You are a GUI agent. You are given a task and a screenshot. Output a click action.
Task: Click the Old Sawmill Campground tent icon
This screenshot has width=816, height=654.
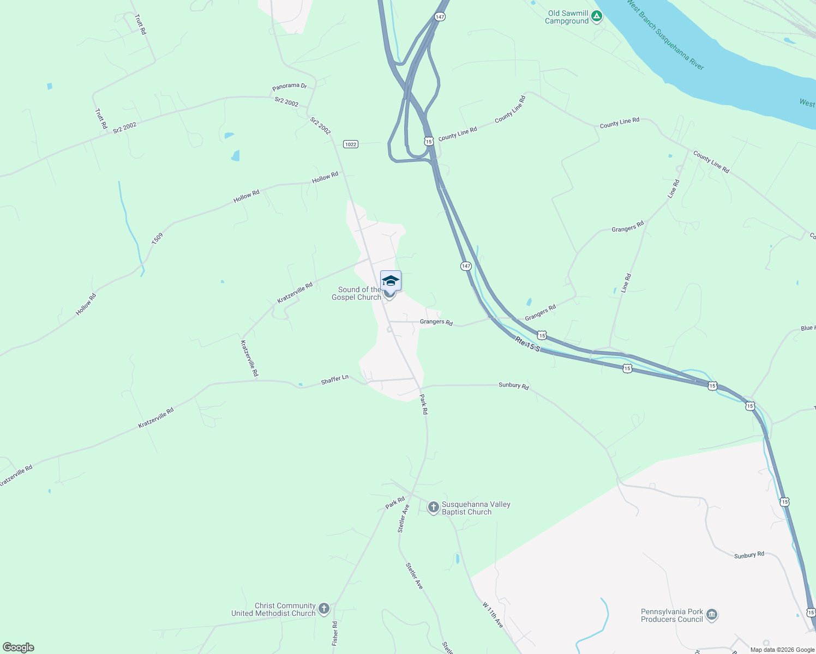coord(597,16)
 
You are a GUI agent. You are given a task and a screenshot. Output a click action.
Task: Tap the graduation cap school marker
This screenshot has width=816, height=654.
coord(391,281)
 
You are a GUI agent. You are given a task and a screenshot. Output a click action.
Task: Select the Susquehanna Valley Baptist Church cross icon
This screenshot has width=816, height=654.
coord(433,508)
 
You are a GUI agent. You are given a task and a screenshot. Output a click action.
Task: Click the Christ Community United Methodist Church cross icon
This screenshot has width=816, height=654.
coord(324,609)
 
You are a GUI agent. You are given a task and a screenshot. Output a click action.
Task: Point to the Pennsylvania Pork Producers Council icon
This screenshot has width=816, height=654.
coord(711,615)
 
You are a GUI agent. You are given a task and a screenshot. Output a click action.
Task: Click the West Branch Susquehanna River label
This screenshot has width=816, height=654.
coord(665,35)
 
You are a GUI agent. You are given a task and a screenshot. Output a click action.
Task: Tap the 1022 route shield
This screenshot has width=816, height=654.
coord(350,144)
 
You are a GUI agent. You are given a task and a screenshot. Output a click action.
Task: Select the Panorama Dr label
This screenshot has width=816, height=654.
coord(290,86)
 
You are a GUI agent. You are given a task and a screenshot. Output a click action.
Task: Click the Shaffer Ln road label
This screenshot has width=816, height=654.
coord(334,379)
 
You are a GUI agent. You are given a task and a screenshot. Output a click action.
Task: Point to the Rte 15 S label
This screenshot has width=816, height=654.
coord(527,344)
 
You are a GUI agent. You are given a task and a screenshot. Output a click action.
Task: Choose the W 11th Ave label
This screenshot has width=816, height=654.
coord(493,615)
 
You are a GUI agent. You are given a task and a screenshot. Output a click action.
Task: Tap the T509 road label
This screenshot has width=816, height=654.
coord(157,238)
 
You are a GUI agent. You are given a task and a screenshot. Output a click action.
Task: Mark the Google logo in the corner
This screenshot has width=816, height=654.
coord(19,647)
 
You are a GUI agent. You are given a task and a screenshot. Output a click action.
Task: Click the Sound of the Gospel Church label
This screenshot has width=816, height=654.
coord(357,294)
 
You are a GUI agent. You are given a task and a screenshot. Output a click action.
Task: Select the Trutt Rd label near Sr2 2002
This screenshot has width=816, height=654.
coord(101,119)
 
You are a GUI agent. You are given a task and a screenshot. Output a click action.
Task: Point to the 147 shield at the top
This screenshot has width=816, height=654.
coord(440,17)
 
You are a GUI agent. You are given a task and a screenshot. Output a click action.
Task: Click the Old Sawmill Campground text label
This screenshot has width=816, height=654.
coord(567,17)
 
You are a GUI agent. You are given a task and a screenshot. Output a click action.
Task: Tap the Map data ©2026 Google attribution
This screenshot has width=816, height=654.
coord(782,650)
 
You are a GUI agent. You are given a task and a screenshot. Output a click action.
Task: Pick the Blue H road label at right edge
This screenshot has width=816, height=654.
coord(807,328)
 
